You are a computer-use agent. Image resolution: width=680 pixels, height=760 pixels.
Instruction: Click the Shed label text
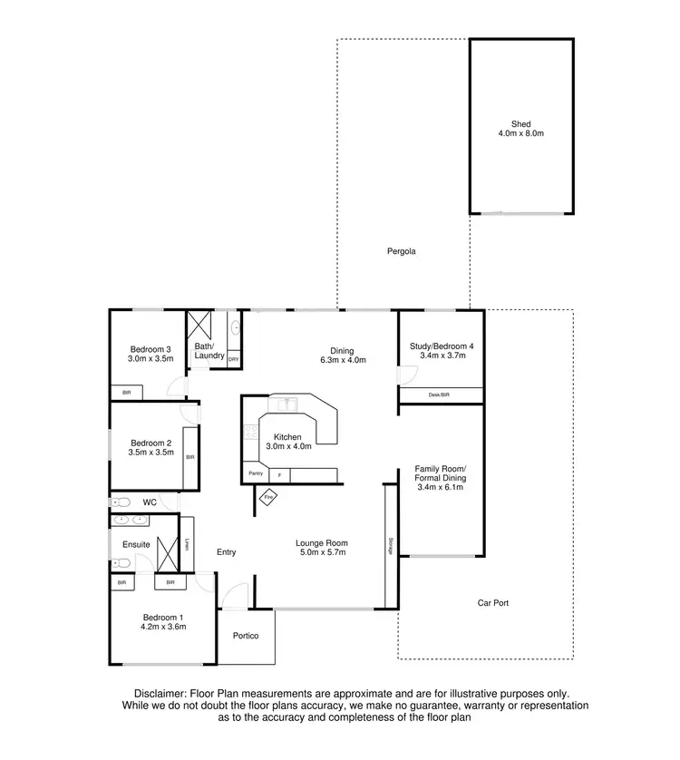tap(520, 123)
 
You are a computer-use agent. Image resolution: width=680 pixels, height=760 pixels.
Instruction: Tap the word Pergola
tap(400, 251)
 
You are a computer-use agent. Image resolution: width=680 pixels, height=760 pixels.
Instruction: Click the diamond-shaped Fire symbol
tap(269, 497)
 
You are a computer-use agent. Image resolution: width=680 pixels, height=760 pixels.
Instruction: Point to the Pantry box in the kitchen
tap(256, 473)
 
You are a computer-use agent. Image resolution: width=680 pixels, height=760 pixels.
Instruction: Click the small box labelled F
tap(279, 474)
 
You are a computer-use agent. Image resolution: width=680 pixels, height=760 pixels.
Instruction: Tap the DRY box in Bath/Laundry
tap(234, 360)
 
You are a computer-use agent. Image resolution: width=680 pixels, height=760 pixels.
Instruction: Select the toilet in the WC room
tap(122, 502)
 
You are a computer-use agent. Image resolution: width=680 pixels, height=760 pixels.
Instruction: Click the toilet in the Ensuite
tap(122, 563)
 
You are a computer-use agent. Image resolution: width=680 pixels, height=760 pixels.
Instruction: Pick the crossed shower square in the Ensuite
tap(168, 552)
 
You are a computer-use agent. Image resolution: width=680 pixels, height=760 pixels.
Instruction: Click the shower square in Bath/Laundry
tap(199, 325)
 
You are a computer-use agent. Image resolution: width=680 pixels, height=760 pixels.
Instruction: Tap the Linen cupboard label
tap(187, 544)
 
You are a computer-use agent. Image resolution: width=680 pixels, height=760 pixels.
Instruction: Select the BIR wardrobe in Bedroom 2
tap(190, 457)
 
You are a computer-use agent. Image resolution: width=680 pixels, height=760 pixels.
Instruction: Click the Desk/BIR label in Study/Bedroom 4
tap(440, 395)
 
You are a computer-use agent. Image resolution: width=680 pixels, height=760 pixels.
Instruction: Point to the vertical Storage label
tap(390, 545)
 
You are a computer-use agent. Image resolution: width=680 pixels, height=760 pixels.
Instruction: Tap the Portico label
tap(246, 636)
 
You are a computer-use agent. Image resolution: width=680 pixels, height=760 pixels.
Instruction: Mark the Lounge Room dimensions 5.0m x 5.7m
tap(321, 552)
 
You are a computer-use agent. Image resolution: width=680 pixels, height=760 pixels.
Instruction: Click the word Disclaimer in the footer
tap(163, 692)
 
